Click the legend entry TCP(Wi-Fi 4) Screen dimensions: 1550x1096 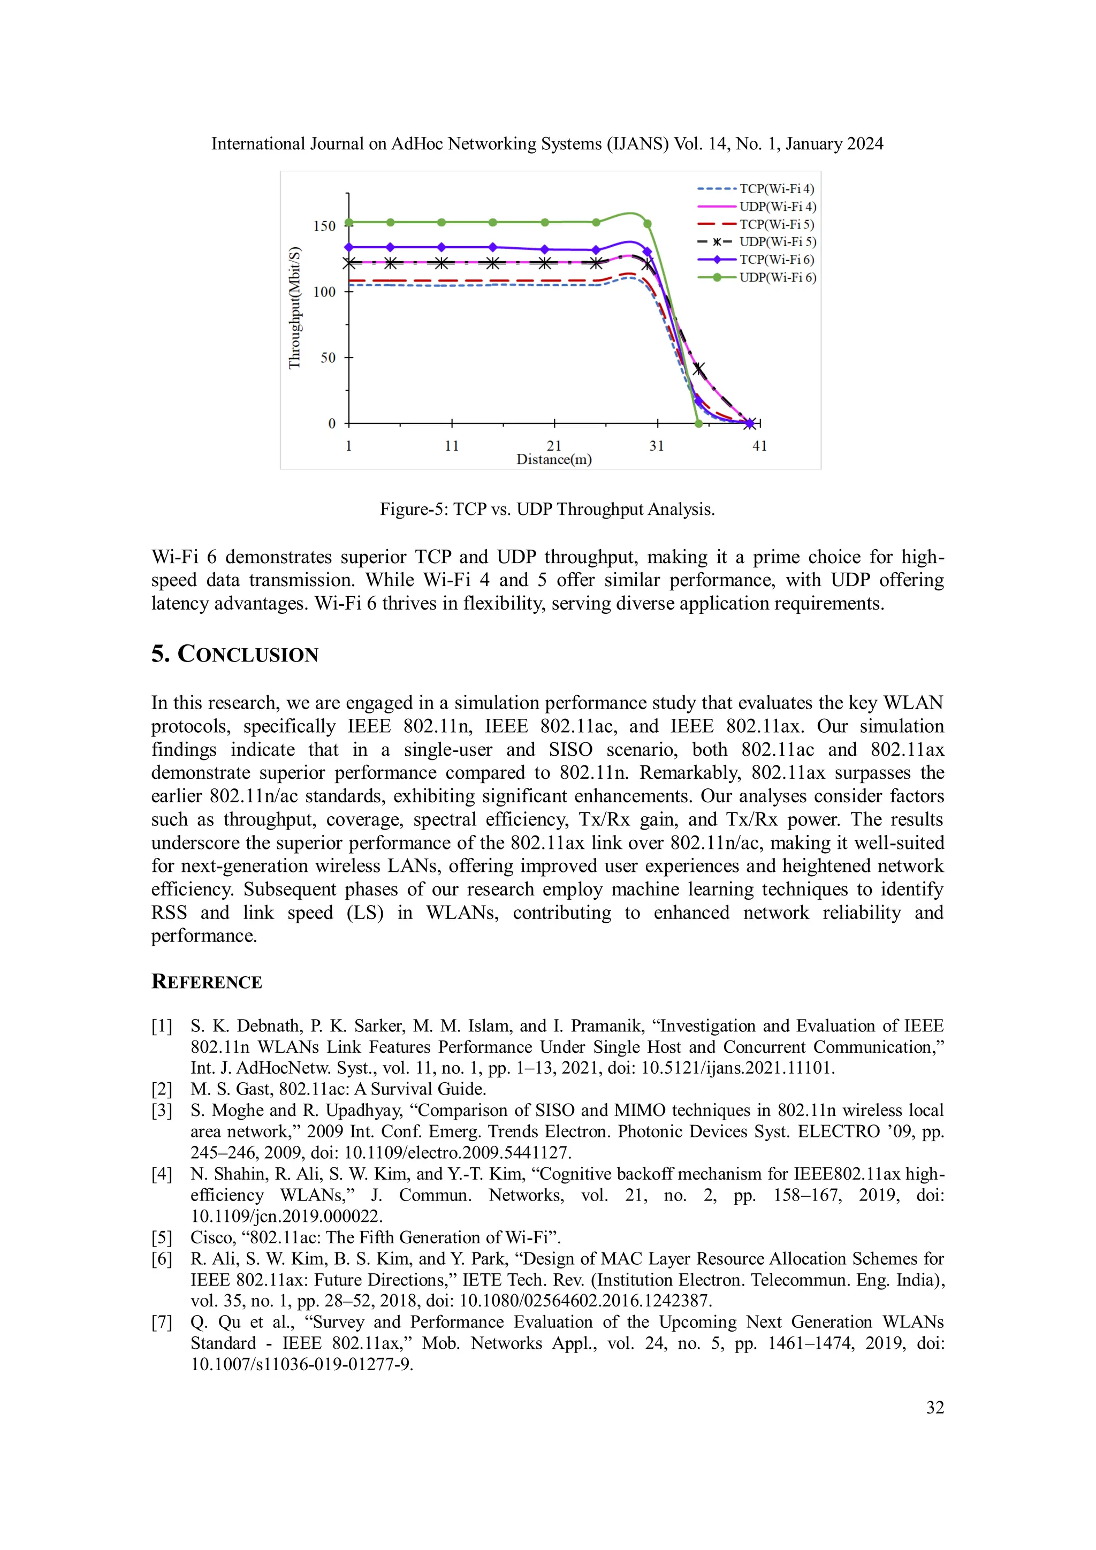(x=776, y=189)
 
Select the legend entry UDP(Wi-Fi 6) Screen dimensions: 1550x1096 (x=778, y=277)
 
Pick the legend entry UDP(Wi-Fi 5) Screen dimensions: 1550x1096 (x=778, y=242)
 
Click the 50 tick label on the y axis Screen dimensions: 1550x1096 (x=328, y=358)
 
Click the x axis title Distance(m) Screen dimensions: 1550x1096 (x=553, y=460)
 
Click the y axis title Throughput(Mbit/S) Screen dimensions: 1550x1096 (x=294, y=308)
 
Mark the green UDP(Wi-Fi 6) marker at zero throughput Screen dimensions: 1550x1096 (x=698, y=424)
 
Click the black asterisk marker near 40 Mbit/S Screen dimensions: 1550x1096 (x=699, y=369)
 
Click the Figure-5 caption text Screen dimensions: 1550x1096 (x=546, y=509)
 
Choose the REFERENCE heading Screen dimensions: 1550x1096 (x=207, y=982)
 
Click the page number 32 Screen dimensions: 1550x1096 (x=935, y=1407)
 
